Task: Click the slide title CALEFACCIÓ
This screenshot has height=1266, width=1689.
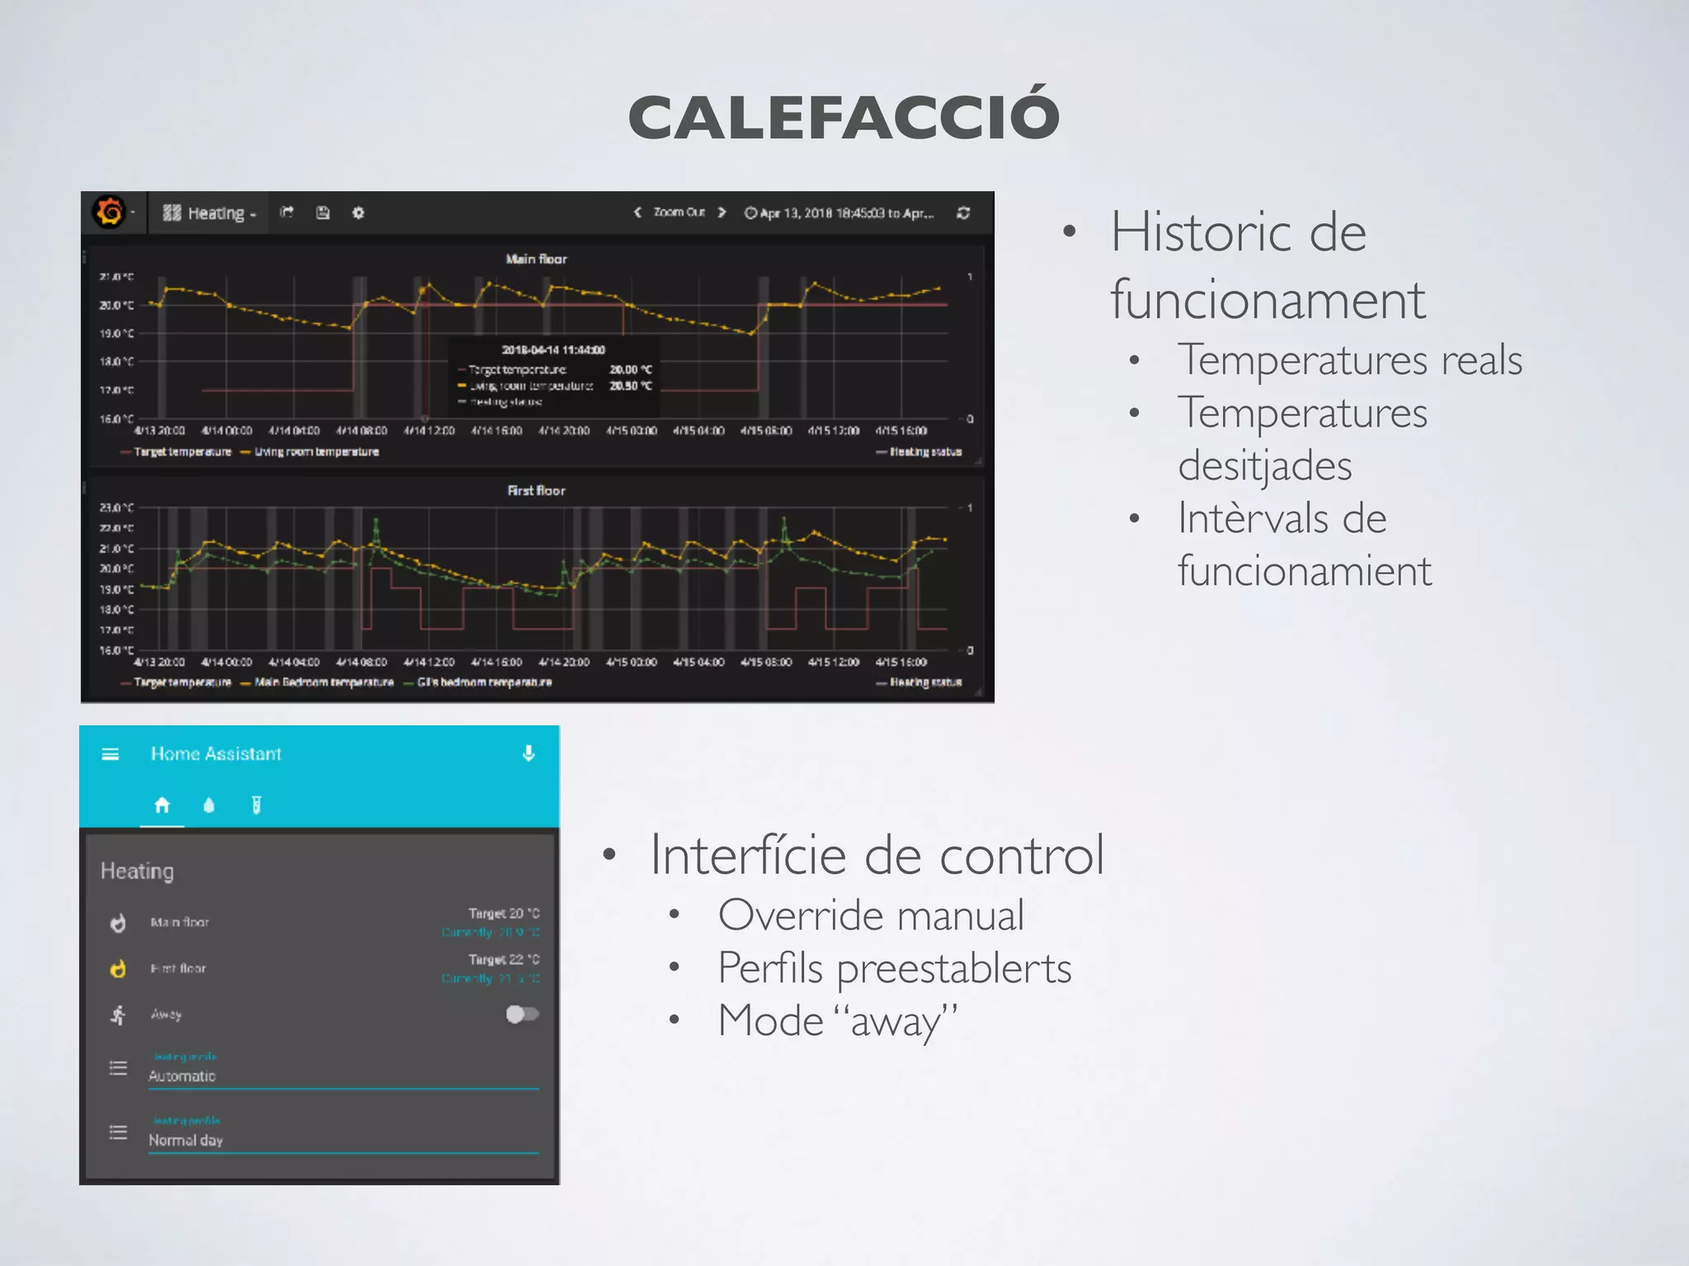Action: pyautogui.click(x=844, y=116)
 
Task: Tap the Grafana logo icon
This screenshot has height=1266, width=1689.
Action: pyautogui.click(x=110, y=212)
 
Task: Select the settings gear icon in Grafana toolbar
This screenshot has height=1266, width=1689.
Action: pyautogui.click(x=358, y=213)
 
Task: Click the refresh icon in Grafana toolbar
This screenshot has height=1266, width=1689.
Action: pyautogui.click(x=962, y=213)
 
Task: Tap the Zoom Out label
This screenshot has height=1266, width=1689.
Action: pyautogui.click(x=679, y=213)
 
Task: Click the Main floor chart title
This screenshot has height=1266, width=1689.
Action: pyautogui.click(x=536, y=259)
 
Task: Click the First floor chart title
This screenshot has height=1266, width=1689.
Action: pyautogui.click(x=536, y=490)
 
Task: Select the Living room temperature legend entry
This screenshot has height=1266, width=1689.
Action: pyautogui.click(x=316, y=452)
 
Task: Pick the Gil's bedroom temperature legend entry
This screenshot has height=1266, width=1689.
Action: pyautogui.click(x=484, y=682)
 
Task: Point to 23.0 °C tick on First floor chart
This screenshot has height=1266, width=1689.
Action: pyautogui.click(x=116, y=508)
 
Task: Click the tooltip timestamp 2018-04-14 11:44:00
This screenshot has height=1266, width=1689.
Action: pyautogui.click(x=553, y=349)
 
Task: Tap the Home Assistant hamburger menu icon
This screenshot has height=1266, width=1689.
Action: pyautogui.click(x=111, y=754)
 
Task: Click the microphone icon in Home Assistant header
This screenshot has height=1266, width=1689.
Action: pyautogui.click(x=529, y=753)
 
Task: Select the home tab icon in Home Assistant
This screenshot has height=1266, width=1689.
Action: pyautogui.click(x=162, y=804)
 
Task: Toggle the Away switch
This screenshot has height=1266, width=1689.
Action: pyautogui.click(x=522, y=1014)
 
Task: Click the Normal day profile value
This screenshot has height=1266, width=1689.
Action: pyautogui.click(x=186, y=1141)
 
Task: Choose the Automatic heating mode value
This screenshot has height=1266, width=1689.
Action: pyautogui.click(x=181, y=1076)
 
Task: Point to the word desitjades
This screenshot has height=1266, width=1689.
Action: pyautogui.click(x=1264, y=466)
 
